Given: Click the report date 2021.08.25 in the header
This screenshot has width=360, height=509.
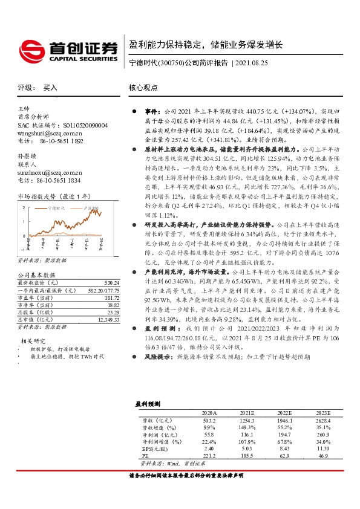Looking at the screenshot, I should pos(255,62).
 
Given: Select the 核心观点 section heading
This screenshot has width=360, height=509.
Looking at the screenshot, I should pos(143,88).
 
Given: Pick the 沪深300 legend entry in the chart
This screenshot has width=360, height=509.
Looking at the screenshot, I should pos(89,207).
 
